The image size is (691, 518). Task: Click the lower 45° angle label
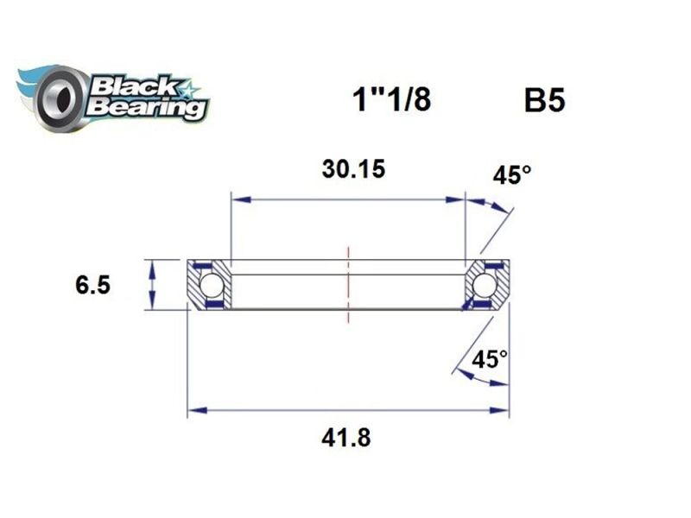(x=490, y=358)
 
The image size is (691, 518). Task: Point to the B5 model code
(x=545, y=102)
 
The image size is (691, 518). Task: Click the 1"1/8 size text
(x=390, y=101)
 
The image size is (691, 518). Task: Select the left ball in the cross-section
(x=211, y=284)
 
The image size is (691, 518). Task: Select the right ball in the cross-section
(x=485, y=284)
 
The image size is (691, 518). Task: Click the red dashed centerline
(x=348, y=285)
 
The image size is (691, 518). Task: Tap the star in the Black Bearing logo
(x=187, y=89)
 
